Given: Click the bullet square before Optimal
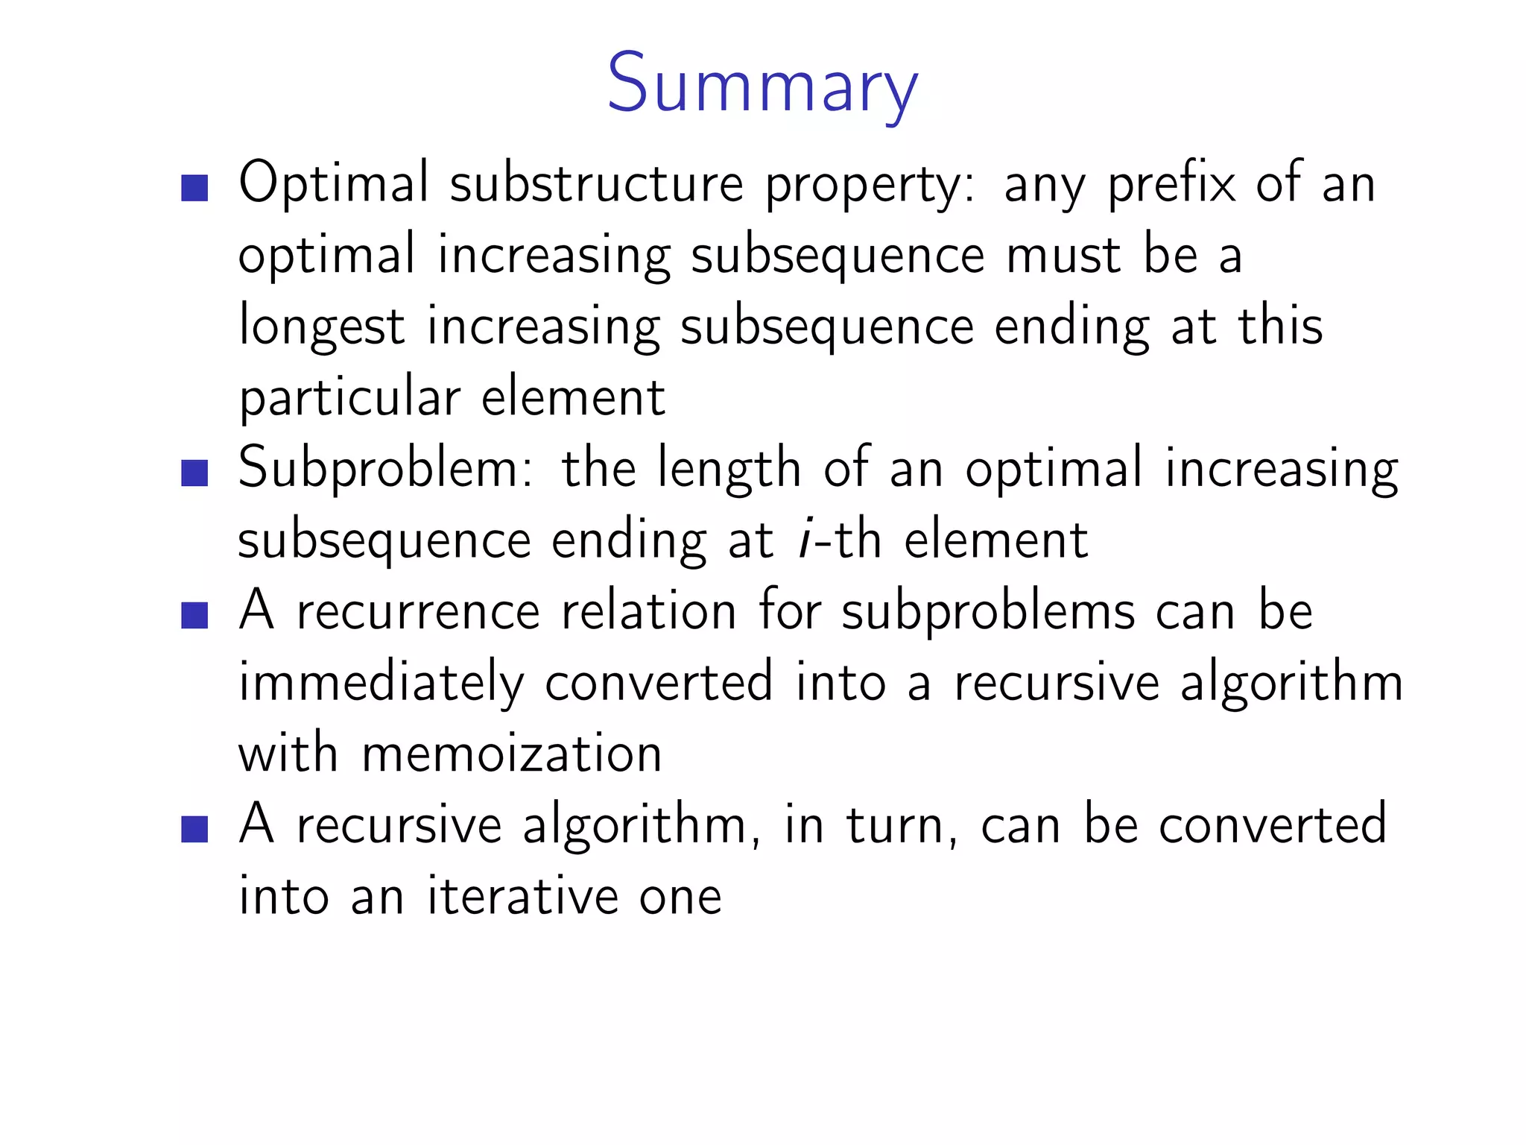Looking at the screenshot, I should click(x=194, y=188).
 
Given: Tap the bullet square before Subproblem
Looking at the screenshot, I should click(x=194, y=473).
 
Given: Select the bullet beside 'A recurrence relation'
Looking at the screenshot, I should click(x=194, y=616).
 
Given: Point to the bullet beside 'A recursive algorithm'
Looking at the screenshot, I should click(x=194, y=829).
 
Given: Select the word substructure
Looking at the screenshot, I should click(x=597, y=183).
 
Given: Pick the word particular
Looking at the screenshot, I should click(x=349, y=398).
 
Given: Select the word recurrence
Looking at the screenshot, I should click(x=418, y=611).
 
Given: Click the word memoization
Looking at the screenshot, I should click(x=512, y=753).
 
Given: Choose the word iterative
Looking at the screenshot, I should click(x=522, y=896).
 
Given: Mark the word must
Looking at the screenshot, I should click(x=1063, y=255).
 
